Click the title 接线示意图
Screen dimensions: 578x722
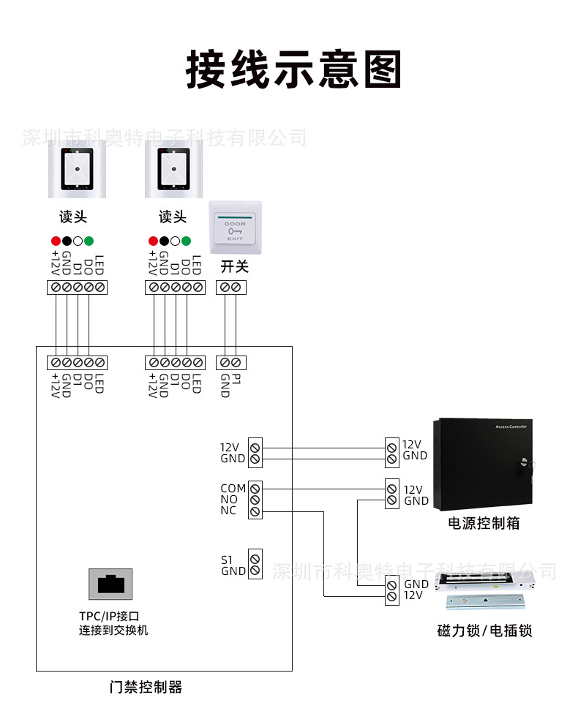293,69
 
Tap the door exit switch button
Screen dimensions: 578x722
236,227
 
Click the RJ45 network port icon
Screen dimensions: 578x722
110,584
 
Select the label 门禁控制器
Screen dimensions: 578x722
146,687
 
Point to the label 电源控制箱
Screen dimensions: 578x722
484,523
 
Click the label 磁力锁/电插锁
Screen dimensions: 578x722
484,631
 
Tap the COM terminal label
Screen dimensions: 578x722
233,488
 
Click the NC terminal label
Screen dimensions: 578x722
228,511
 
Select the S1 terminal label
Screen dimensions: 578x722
227,560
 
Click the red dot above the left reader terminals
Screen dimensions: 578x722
56,241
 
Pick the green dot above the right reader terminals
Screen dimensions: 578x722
186,241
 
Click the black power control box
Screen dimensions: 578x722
483,464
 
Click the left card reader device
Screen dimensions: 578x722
78,169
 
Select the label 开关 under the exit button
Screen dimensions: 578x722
234,266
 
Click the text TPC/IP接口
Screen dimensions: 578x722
109,616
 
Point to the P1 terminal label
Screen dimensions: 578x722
236,380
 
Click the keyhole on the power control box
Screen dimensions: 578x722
525,462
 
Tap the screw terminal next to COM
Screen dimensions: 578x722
255,489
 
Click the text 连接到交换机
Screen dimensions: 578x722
113,631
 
